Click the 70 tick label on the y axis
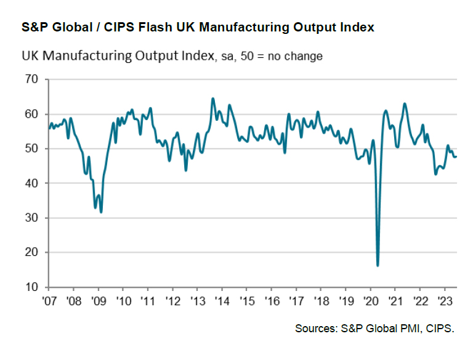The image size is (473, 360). pos(30,80)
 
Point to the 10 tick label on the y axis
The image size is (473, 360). pos(30,287)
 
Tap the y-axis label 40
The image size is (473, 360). pos(30,184)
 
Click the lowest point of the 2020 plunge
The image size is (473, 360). pos(378,266)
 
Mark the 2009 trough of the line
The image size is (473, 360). pos(101,212)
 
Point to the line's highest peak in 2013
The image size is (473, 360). pos(212,98)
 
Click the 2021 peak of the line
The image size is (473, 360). pos(405,104)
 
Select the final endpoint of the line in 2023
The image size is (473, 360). pos(456,157)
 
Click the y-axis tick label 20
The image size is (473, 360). pos(30,253)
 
